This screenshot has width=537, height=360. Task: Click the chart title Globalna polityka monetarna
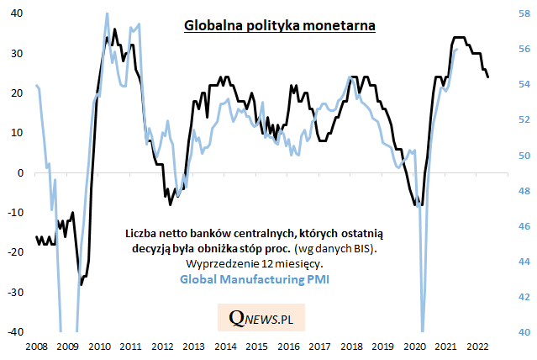coord(280,25)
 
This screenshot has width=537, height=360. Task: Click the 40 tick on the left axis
coord(16,13)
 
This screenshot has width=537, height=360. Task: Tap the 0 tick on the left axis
coord(21,172)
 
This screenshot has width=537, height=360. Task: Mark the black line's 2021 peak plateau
coord(459,38)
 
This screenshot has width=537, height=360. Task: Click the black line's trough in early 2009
coord(81,284)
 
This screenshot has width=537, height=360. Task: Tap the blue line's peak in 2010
coord(107,13)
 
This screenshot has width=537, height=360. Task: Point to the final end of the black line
coord(488,77)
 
